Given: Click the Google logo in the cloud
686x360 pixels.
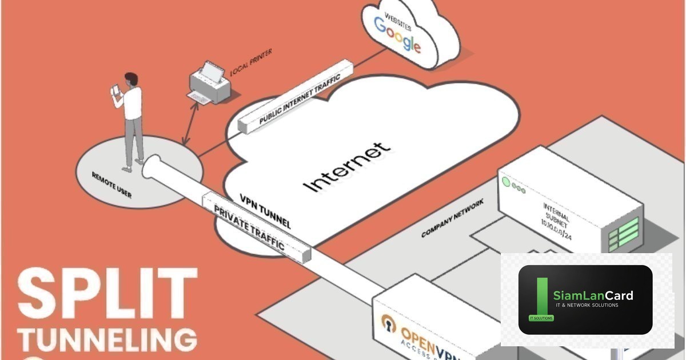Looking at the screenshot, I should pos(397,35).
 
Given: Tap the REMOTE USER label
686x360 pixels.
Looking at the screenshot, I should pos(111,185).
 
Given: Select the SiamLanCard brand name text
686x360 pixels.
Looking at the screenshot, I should pos(593,295).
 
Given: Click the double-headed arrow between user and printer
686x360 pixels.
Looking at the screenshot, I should pos(191,124).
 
